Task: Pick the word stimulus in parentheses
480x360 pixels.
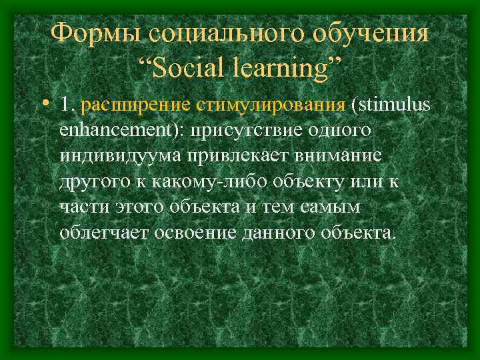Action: pos(394,104)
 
